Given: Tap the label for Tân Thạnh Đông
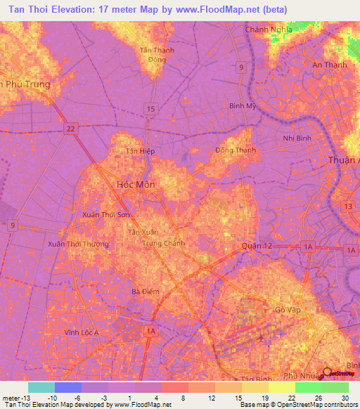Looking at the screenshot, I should coord(157,55).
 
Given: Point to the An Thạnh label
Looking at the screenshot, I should coord(326,65).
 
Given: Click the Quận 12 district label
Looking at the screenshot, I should coord(255,246).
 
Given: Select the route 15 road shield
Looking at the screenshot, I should coord(150,108).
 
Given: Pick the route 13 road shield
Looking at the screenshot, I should coord(348,205).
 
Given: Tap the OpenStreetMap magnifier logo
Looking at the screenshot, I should coord(328,373).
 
